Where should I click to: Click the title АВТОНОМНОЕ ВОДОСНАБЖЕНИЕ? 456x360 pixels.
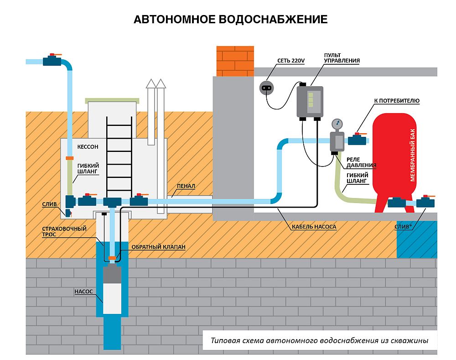(230, 20)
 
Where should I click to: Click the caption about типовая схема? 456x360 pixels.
(319, 341)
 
